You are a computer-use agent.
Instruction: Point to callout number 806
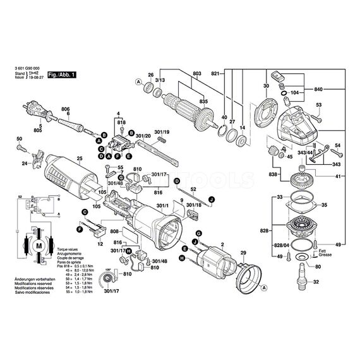coord(65,109)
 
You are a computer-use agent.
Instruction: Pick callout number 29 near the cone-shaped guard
coord(242,253)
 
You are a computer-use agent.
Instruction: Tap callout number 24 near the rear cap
coord(25,164)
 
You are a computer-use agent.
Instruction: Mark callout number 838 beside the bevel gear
coord(272,174)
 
